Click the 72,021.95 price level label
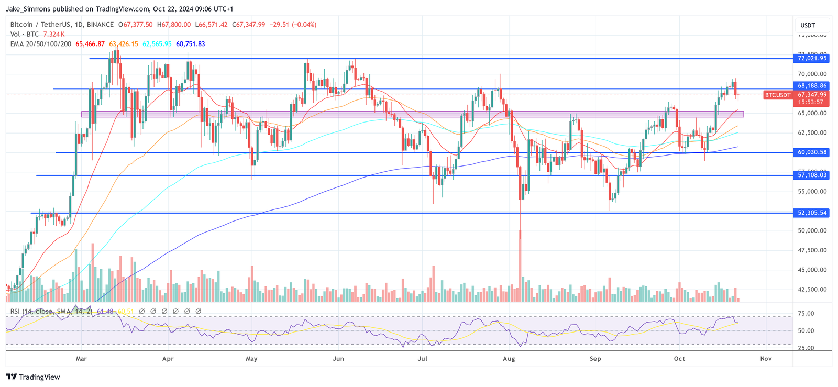tap(812, 59)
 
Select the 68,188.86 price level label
tap(812, 86)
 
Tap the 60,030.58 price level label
tap(812, 152)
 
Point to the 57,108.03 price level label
tap(812, 175)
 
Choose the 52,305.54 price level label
tap(812, 213)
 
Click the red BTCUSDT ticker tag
tap(778, 95)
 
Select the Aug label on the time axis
tap(509, 359)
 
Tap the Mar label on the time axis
tap(81, 359)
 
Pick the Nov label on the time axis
tap(766, 359)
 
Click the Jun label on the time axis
tap(338, 359)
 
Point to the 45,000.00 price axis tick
tap(812, 270)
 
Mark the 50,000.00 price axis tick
tap(812, 231)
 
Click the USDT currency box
tap(808, 25)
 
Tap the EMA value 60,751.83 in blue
tap(190, 44)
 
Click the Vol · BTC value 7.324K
tap(54, 34)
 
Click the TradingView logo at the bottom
tap(33, 377)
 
